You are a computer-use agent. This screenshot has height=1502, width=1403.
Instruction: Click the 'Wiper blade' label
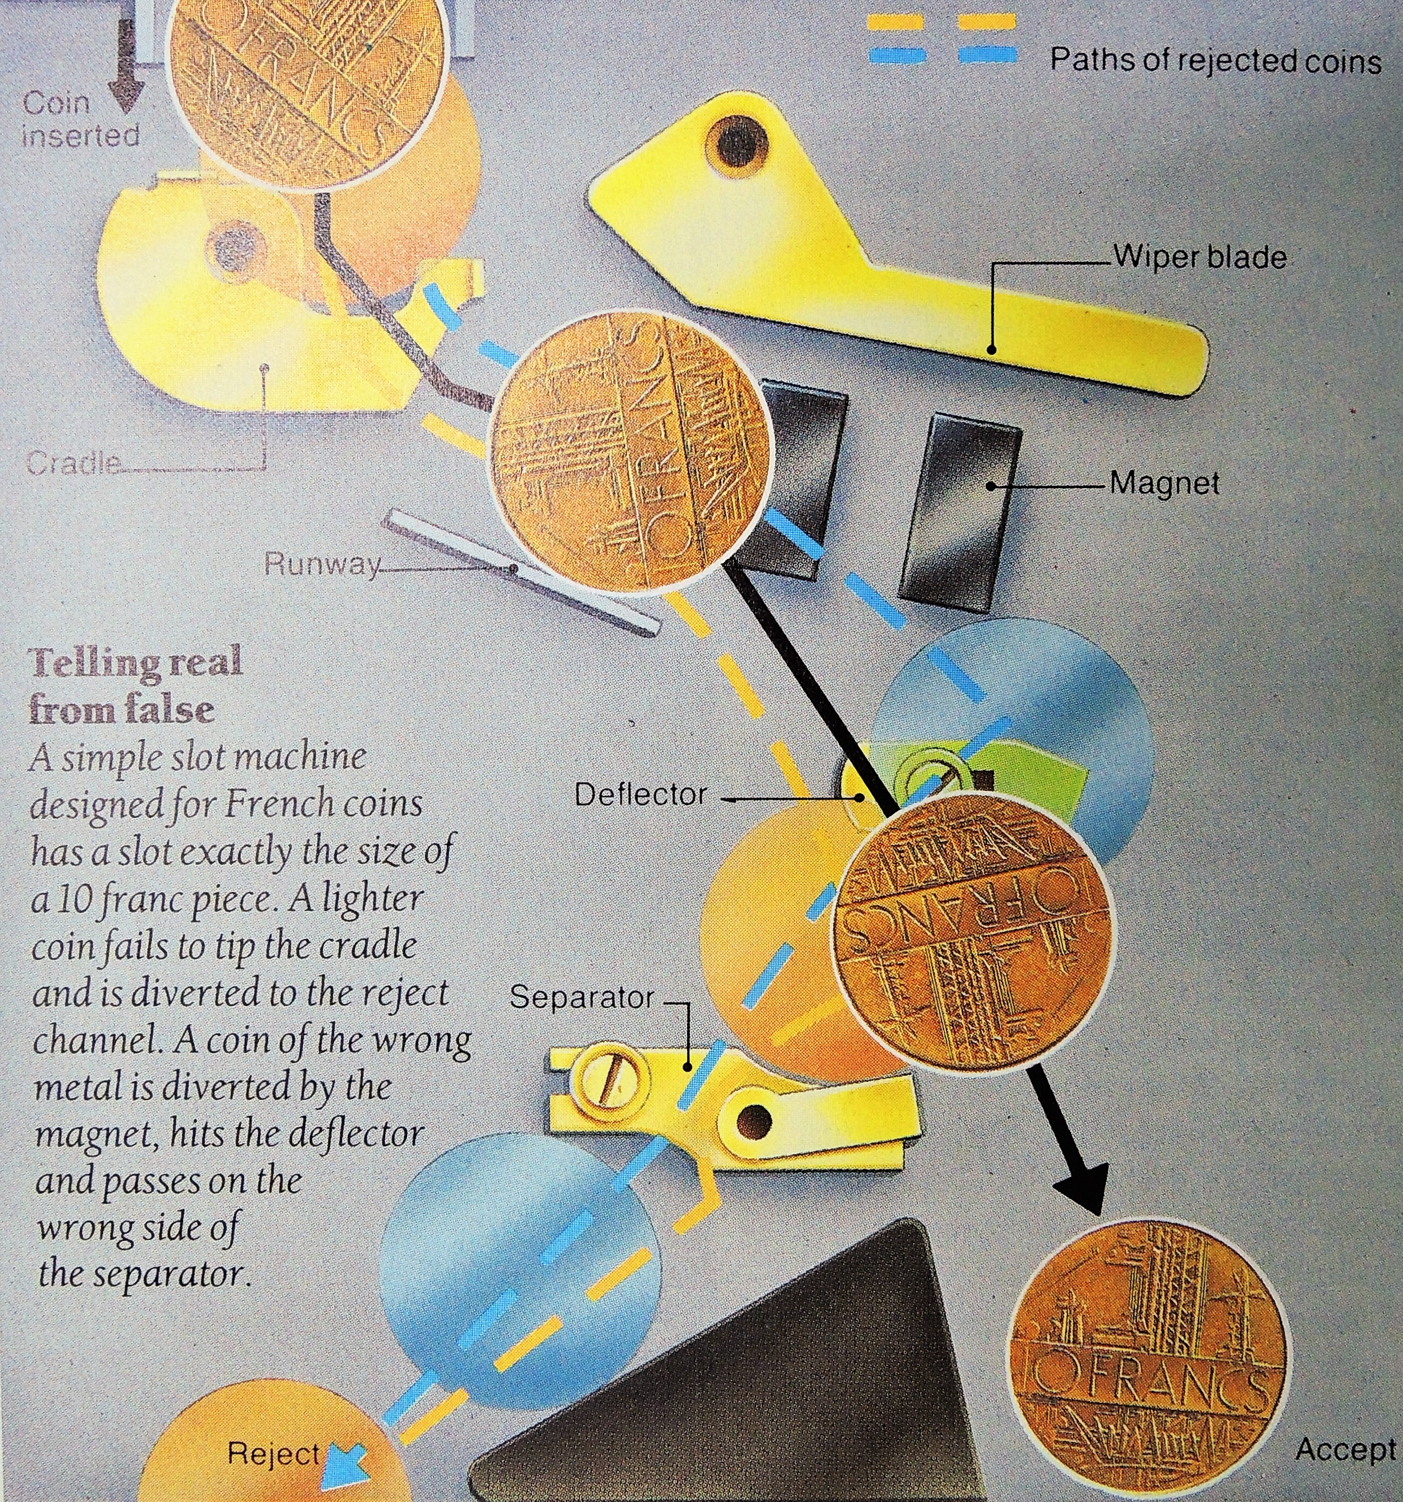1198,258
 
